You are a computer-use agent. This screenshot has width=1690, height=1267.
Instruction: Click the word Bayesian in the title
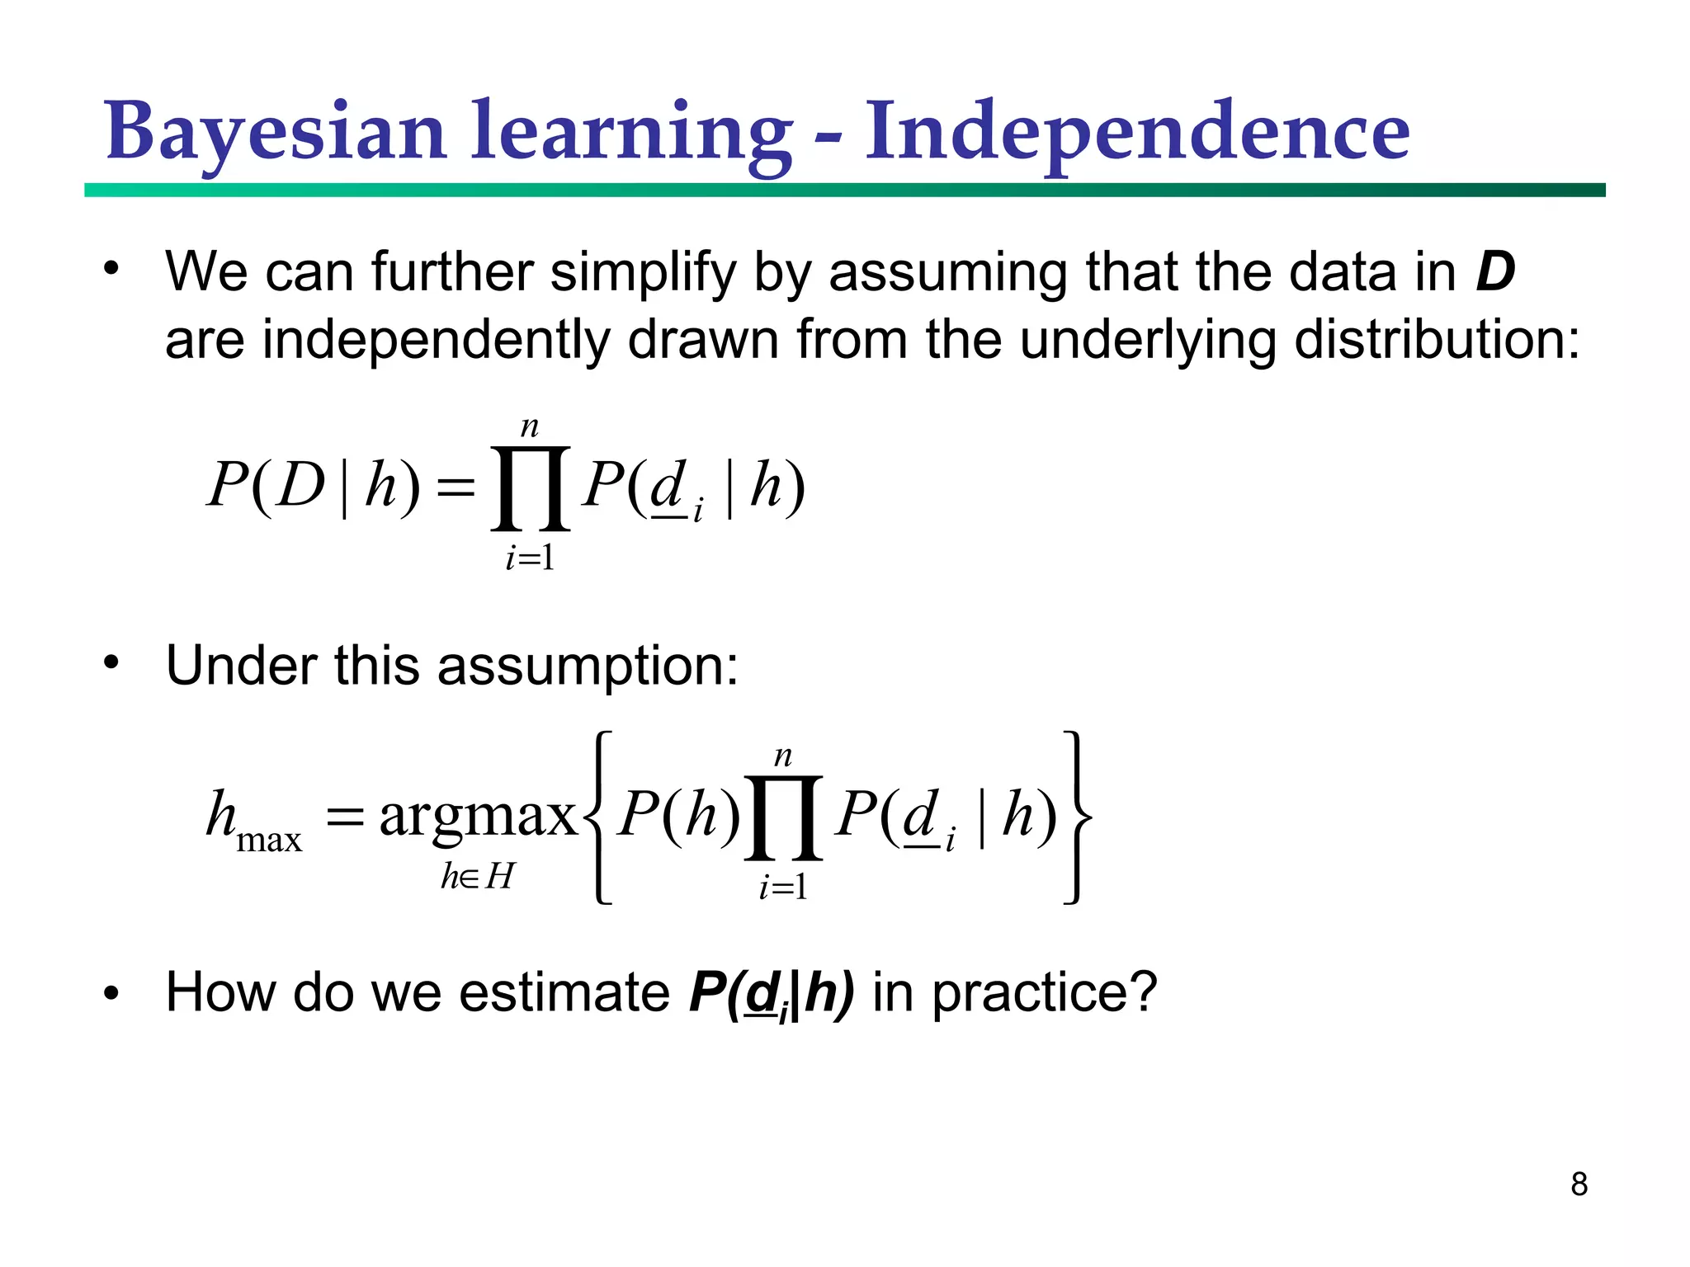click(276, 132)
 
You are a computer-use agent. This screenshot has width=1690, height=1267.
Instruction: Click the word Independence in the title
click(1137, 132)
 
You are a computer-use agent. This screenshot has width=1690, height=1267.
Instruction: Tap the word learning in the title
click(630, 132)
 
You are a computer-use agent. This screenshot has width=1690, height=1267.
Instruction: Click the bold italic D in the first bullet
click(1494, 271)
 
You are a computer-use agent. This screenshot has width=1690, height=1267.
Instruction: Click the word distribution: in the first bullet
click(1436, 340)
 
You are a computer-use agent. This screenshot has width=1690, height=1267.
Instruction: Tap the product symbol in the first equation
click(530, 488)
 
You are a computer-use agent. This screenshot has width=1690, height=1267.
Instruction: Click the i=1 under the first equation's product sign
click(530, 558)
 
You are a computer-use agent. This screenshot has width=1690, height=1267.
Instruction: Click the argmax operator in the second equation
click(477, 816)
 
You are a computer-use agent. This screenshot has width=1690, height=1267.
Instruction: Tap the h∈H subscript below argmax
click(477, 876)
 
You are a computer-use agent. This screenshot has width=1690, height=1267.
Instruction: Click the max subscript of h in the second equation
click(269, 841)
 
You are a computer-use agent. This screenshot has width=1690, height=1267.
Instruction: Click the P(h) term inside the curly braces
click(678, 816)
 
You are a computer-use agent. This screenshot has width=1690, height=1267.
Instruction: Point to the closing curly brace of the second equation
click(1076, 817)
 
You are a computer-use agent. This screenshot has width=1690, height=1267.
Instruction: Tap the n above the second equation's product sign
click(782, 756)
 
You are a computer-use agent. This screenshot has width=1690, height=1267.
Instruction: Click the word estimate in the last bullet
click(564, 992)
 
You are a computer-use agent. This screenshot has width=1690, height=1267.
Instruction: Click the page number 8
click(1579, 1185)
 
